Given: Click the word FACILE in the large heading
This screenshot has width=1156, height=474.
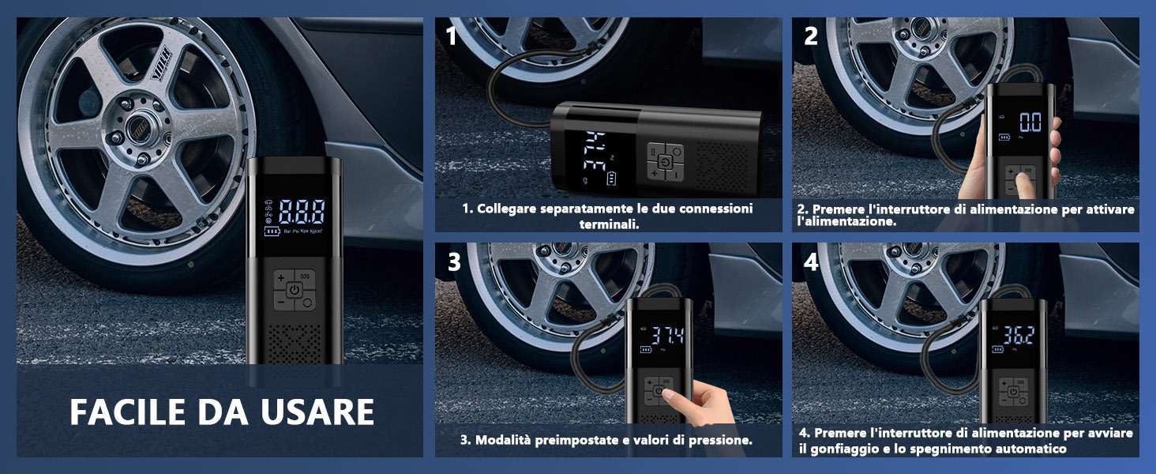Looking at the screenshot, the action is (127, 412).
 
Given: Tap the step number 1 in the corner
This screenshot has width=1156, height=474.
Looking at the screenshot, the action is (451, 36).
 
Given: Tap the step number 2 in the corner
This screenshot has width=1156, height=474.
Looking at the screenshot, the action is (811, 36).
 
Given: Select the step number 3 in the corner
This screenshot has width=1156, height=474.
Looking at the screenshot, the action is (453, 261).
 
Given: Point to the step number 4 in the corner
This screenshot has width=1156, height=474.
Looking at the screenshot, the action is (811, 261).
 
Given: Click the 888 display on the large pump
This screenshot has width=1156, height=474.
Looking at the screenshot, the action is (302, 211).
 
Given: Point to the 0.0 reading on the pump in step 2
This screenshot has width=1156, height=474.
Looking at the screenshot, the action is (1030, 122).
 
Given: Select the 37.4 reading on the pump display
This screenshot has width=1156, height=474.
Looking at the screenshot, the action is (667, 336).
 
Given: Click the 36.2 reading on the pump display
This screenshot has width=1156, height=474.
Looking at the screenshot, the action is (1019, 335).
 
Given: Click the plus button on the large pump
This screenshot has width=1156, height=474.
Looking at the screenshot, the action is (281, 278).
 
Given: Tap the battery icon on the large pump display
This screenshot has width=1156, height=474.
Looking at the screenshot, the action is (272, 231).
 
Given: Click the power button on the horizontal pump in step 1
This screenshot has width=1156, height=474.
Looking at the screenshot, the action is (666, 162).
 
